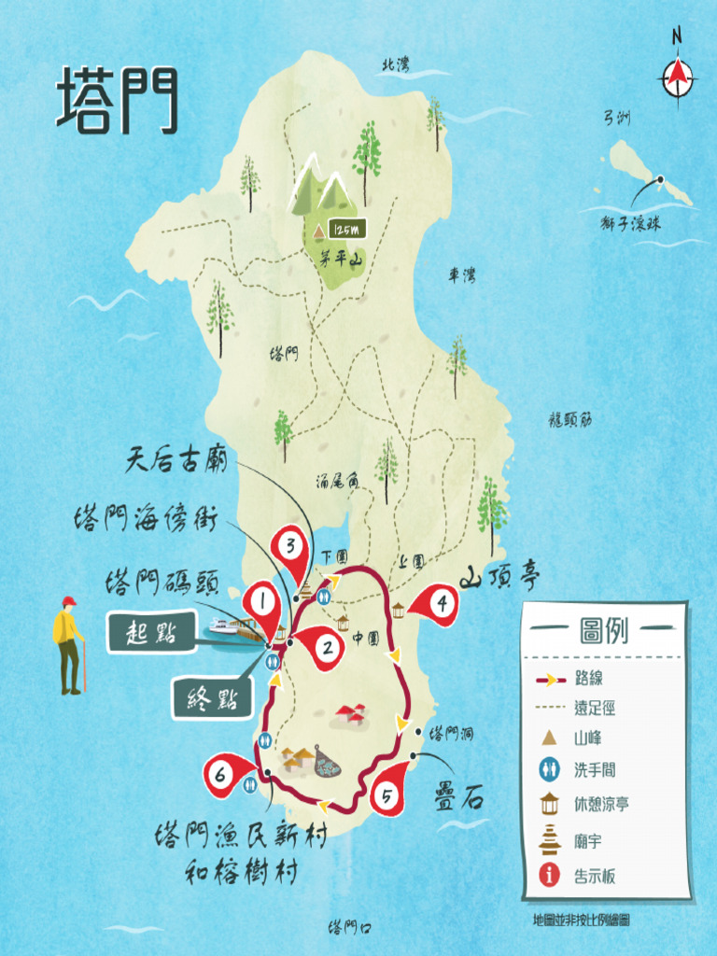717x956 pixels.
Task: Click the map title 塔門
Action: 117,100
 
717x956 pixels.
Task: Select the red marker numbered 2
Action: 327,645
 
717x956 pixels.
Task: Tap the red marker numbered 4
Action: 441,604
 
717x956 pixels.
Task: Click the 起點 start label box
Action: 153,632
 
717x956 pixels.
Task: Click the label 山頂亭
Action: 500,577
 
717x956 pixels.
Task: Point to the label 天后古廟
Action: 175,459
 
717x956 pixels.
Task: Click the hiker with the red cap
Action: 68,646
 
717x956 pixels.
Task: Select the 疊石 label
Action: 459,800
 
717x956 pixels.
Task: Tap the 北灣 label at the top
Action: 395,64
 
